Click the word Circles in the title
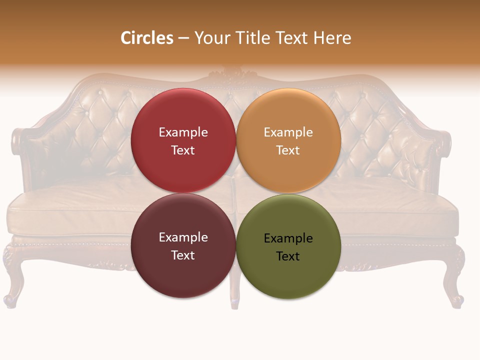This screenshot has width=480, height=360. tap(146, 38)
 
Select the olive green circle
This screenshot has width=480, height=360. tap(288, 275)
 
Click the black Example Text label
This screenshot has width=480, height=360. tap(288, 247)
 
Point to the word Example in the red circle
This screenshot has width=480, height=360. tap(183, 132)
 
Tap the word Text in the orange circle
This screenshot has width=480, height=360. tap(288, 150)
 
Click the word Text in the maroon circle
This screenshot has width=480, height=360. tap(183, 255)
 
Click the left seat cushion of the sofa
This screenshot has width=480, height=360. tap(75, 210)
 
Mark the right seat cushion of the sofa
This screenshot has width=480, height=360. tap(400, 210)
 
